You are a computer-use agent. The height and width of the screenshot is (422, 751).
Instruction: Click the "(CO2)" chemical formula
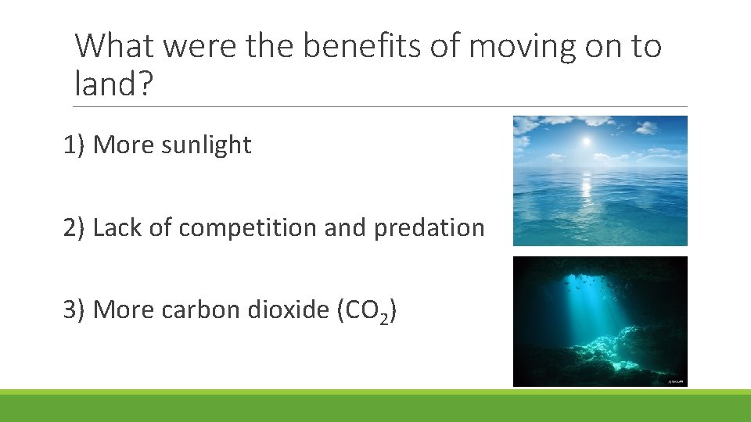coord(365,311)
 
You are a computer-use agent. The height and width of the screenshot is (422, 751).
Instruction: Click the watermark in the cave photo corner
coord(677,381)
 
